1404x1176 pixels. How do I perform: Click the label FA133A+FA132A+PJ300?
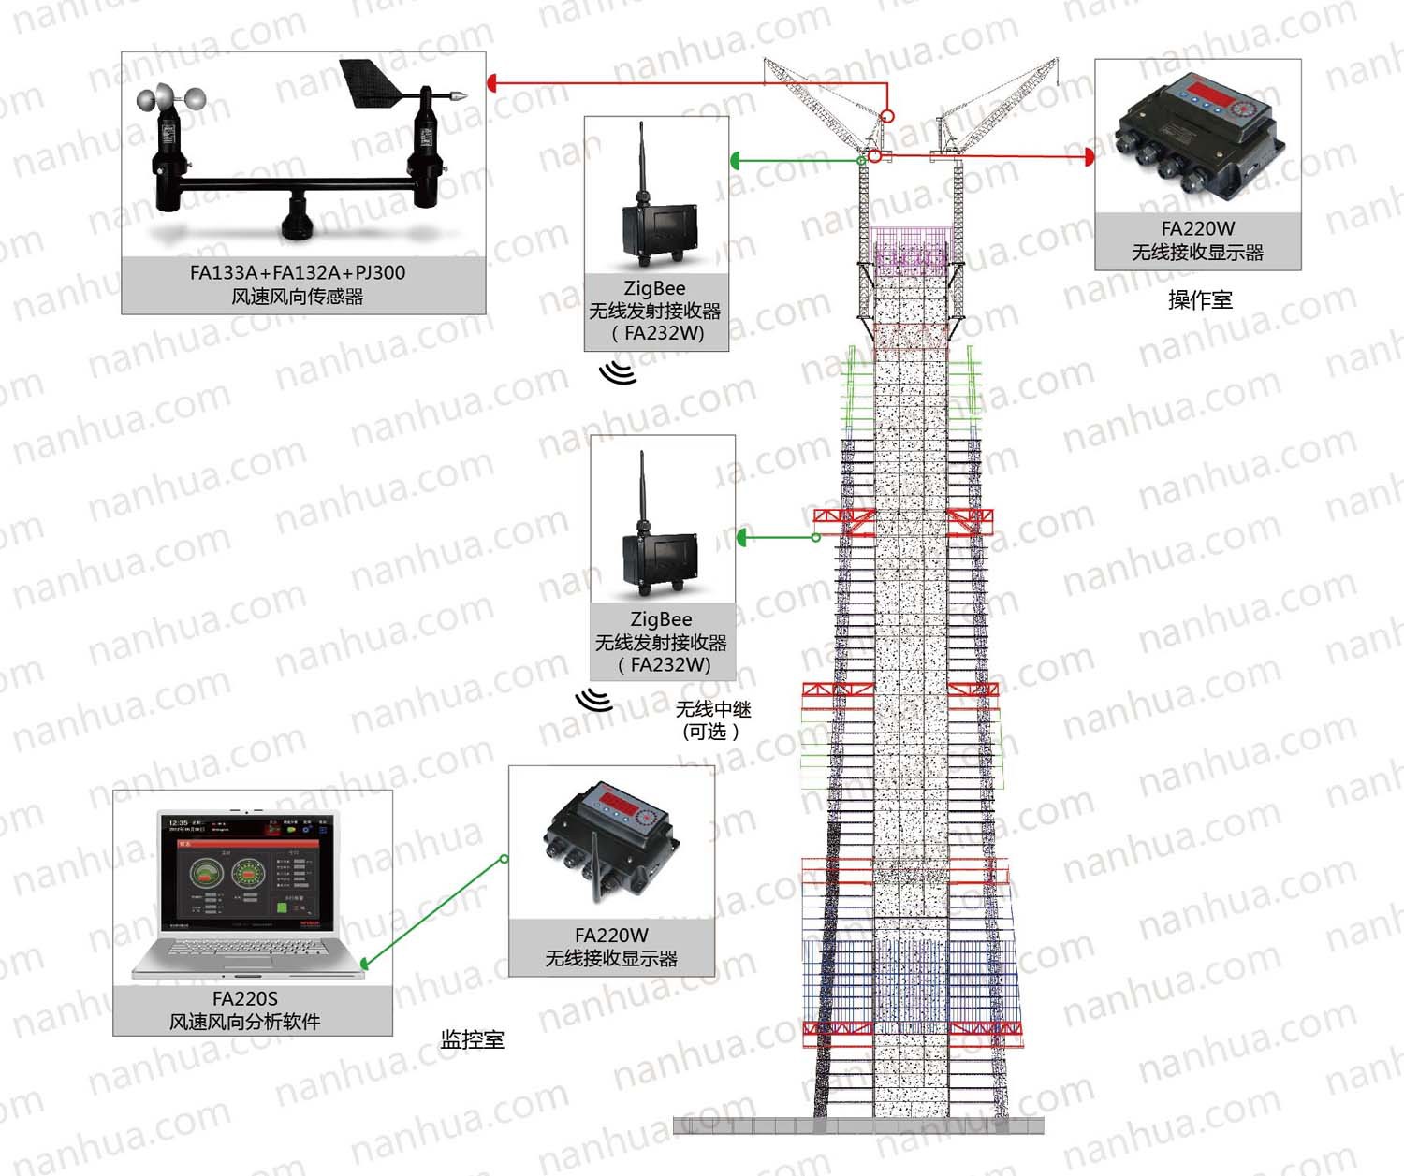tap(298, 273)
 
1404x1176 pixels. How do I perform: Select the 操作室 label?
tap(1200, 300)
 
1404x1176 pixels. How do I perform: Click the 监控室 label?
tap(472, 1039)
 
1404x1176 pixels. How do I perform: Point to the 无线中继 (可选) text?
tap(712, 720)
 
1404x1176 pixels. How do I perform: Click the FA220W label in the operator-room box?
tap(1198, 229)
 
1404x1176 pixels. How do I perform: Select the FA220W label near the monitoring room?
tap(611, 936)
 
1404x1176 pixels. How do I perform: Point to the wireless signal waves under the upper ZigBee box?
tap(619, 371)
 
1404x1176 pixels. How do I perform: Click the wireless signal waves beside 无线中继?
tap(593, 700)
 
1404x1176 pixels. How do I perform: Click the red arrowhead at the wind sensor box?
tap(491, 83)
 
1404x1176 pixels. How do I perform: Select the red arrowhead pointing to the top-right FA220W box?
tap(1090, 156)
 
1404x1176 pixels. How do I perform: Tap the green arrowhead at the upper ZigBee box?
tap(736, 161)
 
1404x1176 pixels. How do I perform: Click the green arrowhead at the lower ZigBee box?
tap(742, 537)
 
